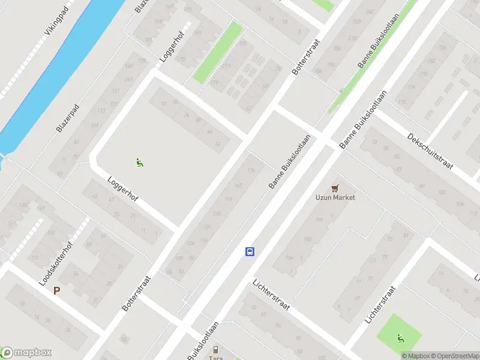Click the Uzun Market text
tap(335, 197)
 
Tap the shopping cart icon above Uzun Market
tap(335, 188)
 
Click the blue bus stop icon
tap(250, 252)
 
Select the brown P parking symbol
tap(57, 291)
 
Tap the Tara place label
tap(215, 358)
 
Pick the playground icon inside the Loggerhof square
tap(139, 161)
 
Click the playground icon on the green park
tap(400, 338)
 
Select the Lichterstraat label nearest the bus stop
tap(271, 295)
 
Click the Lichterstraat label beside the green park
tap(381, 305)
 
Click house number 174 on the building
tap(250, 171)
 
